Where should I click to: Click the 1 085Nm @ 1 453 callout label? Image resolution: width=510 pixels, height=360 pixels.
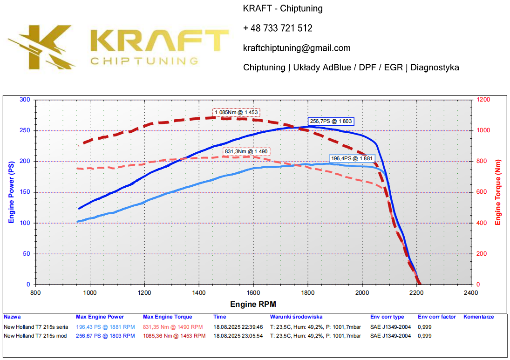point(236,112)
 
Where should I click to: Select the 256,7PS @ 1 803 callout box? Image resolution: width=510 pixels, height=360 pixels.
point(331,121)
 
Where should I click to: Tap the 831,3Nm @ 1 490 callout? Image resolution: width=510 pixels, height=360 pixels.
point(247,151)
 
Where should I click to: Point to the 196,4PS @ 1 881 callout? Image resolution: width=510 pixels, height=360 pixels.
point(352,158)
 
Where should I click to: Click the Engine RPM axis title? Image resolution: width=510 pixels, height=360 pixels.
point(253,305)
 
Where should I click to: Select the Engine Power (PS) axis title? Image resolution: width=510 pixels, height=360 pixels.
point(11,192)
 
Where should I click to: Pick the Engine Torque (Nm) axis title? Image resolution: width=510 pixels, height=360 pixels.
point(498,192)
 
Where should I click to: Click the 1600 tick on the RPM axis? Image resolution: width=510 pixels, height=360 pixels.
point(253,292)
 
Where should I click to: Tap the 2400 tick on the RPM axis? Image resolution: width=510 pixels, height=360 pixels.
point(471,292)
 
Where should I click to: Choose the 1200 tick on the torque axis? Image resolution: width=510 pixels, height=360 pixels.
point(483,100)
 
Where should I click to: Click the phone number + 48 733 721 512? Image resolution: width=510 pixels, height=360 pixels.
point(278,28)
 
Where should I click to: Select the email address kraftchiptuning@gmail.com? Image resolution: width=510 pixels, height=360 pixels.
point(297,48)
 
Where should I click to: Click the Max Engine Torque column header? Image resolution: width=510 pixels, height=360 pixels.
point(167,317)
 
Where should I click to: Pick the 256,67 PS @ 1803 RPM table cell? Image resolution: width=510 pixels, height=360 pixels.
point(105,335)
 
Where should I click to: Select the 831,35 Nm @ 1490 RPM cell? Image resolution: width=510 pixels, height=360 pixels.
point(173,327)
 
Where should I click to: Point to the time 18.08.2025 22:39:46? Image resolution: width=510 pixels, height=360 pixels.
point(238,327)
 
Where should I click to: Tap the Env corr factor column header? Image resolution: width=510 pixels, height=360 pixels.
point(436,317)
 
